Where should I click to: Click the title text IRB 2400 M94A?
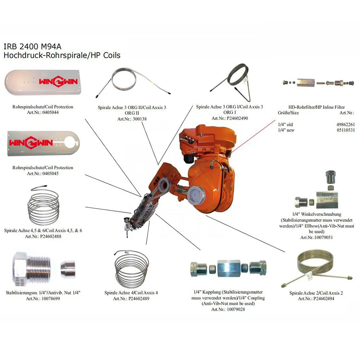click(33, 46)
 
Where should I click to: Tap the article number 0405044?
click(50, 112)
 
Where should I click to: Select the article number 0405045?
click(50, 174)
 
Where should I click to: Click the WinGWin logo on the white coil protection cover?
click(58, 81)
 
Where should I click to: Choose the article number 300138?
click(139, 119)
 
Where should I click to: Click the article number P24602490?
click(237, 118)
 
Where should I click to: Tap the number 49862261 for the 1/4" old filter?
click(346, 125)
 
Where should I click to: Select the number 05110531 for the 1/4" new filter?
click(346, 130)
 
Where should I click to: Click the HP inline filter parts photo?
click(318, 83)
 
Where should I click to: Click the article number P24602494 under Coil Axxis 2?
click(324, 299)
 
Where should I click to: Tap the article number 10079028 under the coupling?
click(236, 310)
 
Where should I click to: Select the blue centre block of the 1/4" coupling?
click(229, 268)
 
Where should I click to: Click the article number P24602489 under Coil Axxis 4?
click(139, 299)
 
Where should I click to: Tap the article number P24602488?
click(51, 237)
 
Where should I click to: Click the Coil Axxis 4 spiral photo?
click(131, 269)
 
